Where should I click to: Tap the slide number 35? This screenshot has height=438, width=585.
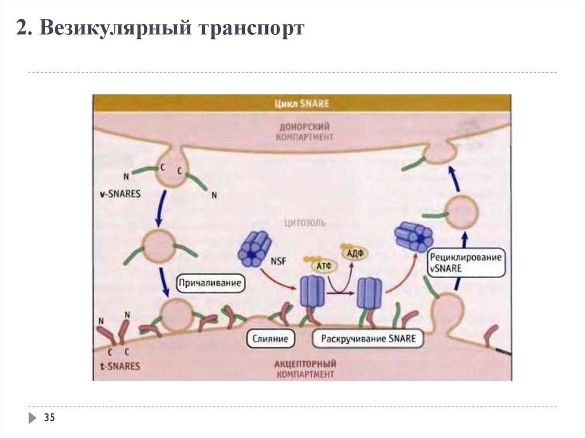(49, 417)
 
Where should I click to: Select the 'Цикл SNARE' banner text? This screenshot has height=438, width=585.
(302, 103)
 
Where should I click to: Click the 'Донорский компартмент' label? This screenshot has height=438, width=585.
(304, 132)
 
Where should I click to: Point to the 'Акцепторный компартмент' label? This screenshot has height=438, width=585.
(305, 368)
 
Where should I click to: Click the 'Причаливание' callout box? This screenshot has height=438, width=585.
(210, 283)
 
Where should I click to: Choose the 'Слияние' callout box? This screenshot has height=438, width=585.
(270, 339)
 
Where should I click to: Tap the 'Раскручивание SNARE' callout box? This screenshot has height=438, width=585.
(368, 339)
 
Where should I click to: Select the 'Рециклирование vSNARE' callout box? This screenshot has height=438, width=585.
(466, 263)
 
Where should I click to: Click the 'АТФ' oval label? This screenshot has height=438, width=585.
(324, 266)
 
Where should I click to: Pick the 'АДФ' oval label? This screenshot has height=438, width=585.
(355, 254)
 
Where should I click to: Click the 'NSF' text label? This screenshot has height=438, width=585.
(279, 261)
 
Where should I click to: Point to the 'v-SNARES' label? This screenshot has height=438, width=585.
(121, 194)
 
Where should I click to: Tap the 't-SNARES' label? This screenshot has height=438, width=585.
(120, 366)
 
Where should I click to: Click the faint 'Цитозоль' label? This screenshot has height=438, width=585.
(305, 223)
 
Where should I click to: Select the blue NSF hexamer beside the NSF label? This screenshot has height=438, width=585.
(254, 248)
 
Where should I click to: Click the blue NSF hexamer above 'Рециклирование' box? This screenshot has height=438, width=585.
(414, 236)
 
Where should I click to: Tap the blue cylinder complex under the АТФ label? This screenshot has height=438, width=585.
(312, 291)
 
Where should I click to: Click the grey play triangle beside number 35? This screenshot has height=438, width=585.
(33, 418)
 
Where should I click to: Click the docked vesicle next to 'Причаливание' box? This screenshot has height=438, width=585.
(177, 315)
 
